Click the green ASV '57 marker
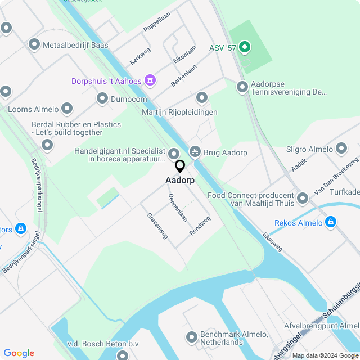[244, 47]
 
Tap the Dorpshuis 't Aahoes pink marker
[150, 80]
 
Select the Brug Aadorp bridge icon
[195, 151]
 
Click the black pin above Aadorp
[180, 166]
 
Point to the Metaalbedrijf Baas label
[76, 44]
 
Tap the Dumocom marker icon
[102, 99]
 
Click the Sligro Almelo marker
[341, 148]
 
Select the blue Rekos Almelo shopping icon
[331, 222]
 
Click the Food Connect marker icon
[303, 198]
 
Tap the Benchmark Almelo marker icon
[191, 336]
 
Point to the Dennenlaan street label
[178, 208]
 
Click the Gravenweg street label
[157, 226]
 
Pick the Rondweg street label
[200, 225]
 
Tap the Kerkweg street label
[140, 55]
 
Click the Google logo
[19, 353]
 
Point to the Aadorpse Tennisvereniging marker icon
[242, 87]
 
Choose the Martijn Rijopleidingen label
[179, 112]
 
